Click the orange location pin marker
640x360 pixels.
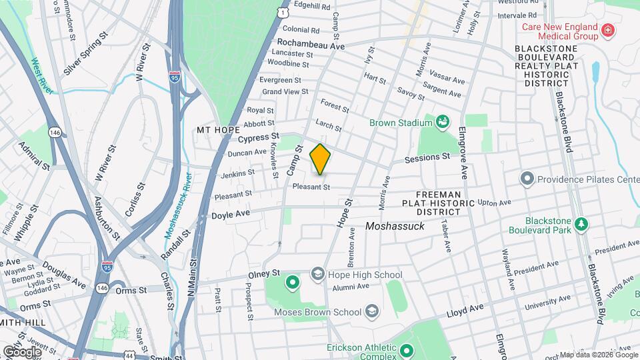pyautogui.click(x=320, y=159)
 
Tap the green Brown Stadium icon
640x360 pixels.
pyautogui.click(x=441, y=122)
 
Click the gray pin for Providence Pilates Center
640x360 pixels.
pyautogui.click(x=528, y=179)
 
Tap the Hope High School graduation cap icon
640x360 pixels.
pyautogui.click(x=318, y=275)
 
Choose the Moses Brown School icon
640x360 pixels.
pyautogui.click(x=371, y=311)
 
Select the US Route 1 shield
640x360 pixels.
pyautogui.click(x=284, y=12)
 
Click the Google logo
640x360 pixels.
pyautogui.click(x=22, y=351)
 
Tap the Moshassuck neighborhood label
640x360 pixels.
pyautogui.click(x=395, y=227)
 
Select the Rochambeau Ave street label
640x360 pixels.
pyautogui.click(x=310, y=46)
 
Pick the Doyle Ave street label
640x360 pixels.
pyautogui.click(x=230, y=215)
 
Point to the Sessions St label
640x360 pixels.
pyautogui.click(x=428, y=158)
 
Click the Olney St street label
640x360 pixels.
pyautogui.click(x=263, y=273)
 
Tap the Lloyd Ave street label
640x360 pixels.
pyautogui.click(x=464, y=309)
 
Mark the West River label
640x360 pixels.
pyautogui.click(x=41, y=75)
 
